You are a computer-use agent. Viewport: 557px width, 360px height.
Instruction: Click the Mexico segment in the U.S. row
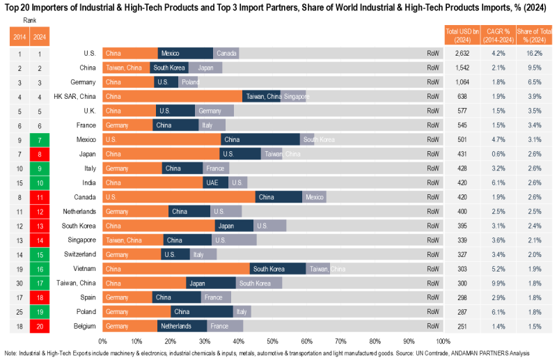pyautogui.click(x=185, y=54)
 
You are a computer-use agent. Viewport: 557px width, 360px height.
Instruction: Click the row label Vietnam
pyautogui.click(x=76, y=269)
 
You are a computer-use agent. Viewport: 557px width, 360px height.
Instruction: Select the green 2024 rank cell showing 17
pyautogui.click(x=41, y=283)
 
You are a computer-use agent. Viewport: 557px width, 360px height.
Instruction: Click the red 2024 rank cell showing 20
pyautogui.click(x=41, y=326)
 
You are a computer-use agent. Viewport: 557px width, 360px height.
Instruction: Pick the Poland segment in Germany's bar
pyautogui.click(x=189, y=82)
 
